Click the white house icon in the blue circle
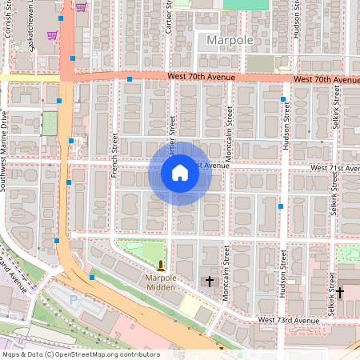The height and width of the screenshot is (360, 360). click(x=180, y=173)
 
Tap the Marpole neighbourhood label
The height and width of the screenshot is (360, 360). click(x=229, y=39)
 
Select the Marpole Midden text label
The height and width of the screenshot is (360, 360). click(x=161, y=282)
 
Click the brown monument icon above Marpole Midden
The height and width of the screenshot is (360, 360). click(x=161, y=265)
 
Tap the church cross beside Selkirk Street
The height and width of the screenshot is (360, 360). click(x=339, y=293)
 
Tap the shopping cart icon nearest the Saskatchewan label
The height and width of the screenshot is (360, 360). click(x=53, y=35)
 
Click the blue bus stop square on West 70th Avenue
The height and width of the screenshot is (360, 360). click(x=130, y=79)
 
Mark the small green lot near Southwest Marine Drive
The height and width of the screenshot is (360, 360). click(x=50, y=123)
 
